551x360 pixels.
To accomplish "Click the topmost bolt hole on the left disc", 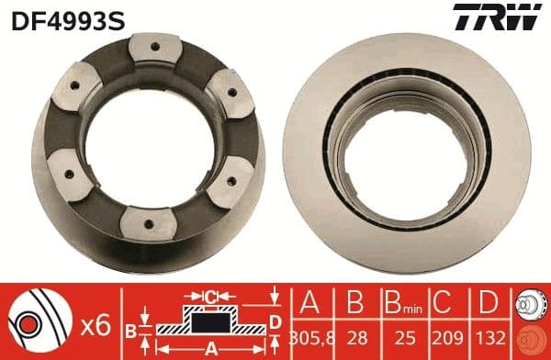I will [152, 49].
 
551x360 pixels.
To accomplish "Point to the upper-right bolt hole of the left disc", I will [219, 85].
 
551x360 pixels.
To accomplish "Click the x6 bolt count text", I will [96, 323].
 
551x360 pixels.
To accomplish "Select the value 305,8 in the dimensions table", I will [307, 337].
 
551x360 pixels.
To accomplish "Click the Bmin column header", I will [401, 304].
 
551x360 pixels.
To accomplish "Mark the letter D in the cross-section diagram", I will [275, 321].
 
